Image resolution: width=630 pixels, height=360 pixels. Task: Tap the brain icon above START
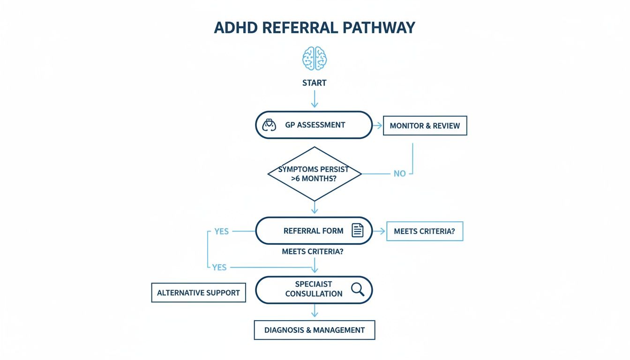click(315, 59)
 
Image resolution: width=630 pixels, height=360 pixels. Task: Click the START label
click(315, 83)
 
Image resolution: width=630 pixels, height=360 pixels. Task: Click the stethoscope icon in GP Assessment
click(269, 125)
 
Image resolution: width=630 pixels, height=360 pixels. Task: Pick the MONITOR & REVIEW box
click(425, 126)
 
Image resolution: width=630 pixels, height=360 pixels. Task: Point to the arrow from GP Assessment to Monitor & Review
click(377, 125)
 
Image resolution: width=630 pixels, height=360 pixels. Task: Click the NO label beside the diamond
click(399, 173)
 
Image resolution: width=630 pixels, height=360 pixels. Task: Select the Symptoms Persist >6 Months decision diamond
click(315, 174)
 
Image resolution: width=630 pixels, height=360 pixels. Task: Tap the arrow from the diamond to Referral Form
click(315, 207)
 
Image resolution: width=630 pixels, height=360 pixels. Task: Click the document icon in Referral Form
click(357, 231)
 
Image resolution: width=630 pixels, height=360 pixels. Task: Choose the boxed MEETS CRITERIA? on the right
click(424, 231)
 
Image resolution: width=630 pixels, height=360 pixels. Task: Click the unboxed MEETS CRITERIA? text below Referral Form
click(313, 251)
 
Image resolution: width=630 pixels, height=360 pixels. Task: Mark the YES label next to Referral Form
click(221, 231)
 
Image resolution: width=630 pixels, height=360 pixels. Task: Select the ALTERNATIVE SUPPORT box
click(198, 292)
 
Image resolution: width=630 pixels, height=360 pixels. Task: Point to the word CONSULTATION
click(314, 294)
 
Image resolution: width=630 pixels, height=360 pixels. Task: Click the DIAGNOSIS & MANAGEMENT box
click(314, 330)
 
